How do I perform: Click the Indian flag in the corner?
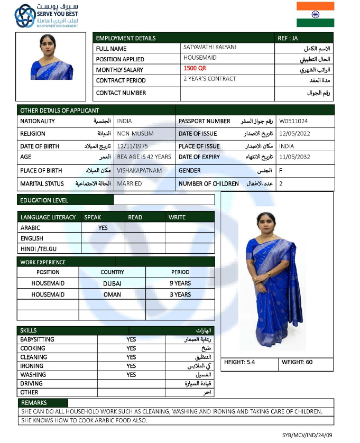315,14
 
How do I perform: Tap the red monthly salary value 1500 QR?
195,69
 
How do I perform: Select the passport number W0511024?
294,121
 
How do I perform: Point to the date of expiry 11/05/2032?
294,157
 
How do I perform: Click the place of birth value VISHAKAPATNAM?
140,171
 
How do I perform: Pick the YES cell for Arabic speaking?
103,228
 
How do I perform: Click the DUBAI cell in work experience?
112,283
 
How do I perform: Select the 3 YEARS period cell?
180,294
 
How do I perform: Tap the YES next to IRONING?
131,366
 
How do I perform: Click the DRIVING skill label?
32,383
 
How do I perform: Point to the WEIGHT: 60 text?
297,362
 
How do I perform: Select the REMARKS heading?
34,403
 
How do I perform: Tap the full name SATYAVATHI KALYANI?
210,48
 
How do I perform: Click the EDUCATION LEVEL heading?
44,200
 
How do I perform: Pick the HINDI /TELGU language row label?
39,248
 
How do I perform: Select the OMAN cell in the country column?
112,294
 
